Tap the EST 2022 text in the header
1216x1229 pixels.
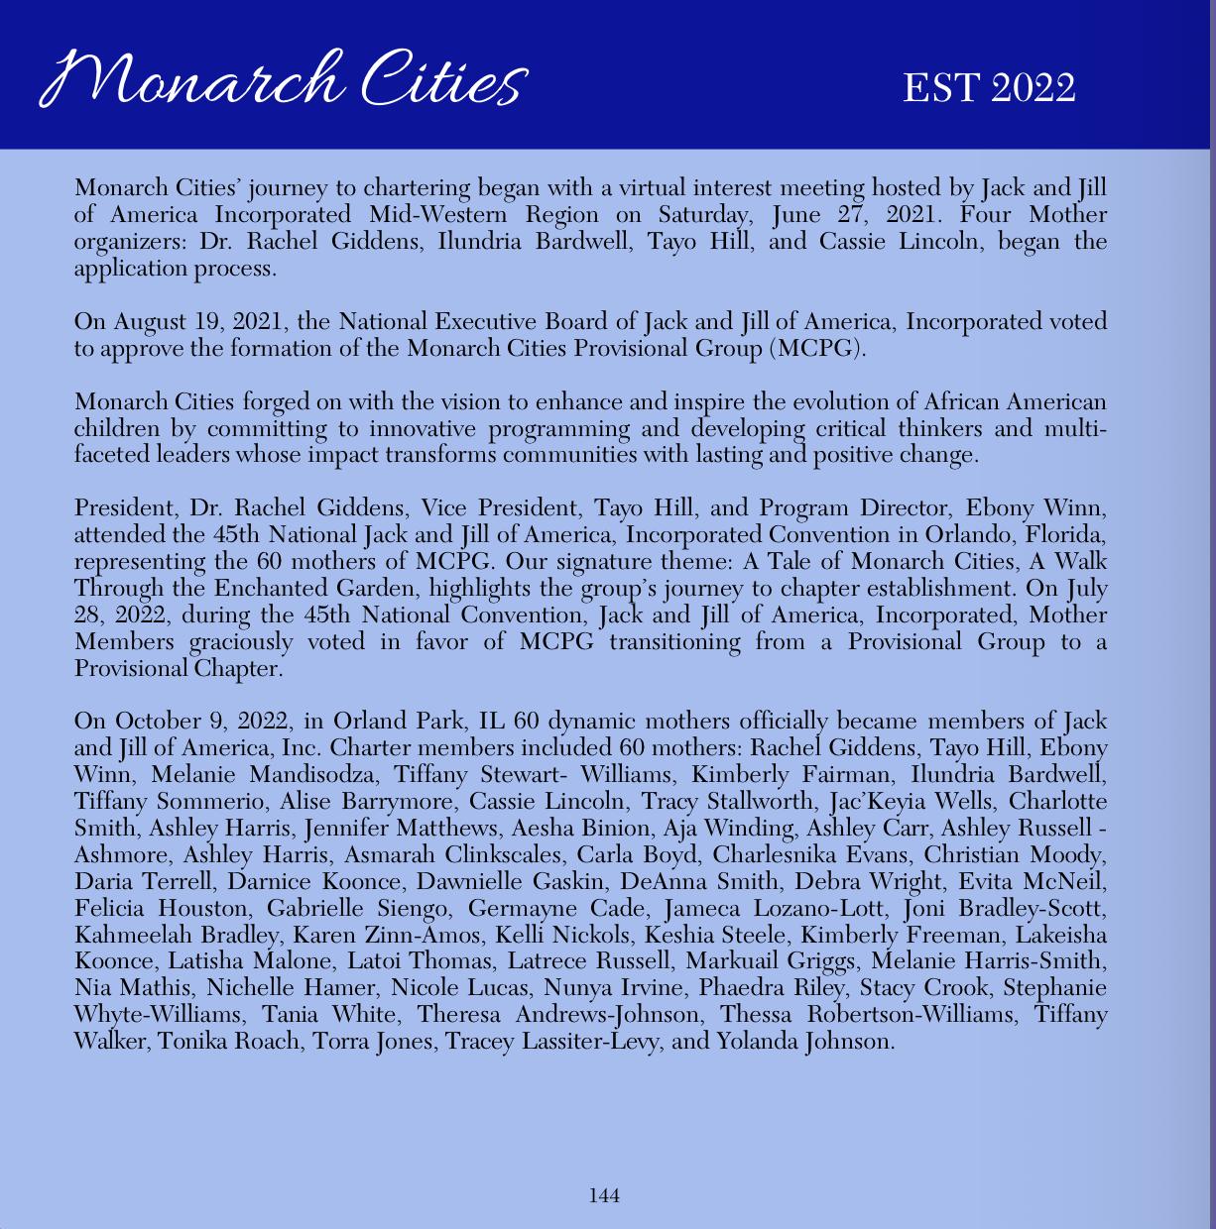pyautogui.click(x=989, y=88)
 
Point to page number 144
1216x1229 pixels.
pyautogui.click(x=604, y=1196)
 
